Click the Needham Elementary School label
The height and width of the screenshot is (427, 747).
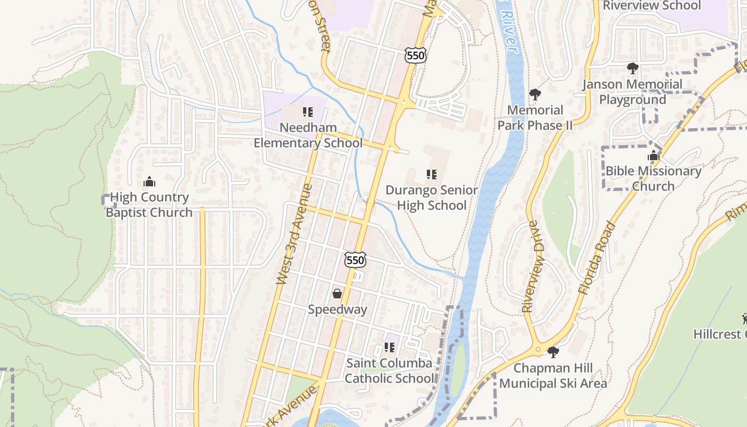pyautogui.click(x=308, y=136)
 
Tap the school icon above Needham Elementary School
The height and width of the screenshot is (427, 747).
pyautogui.click(x=308, y=112)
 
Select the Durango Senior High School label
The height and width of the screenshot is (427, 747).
pyautogui.click(x=432, y=198)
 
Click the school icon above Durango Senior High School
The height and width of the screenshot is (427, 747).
pyautogui.click(x=432, y=175)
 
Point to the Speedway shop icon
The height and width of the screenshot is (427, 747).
pyautogui.click(x=337, y=294)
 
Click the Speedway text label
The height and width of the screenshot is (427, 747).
pyautogui.click(x=337, y=310)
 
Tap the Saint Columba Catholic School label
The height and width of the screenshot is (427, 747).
pyautogui.click(x=389, y=371)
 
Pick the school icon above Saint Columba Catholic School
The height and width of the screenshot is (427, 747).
pyautogui.click(x=390, y=347)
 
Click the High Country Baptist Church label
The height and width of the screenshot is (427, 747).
pyautogui.click(x=149, y=205)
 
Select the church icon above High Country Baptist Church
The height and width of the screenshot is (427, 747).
pyautogui.click(x=149, y=181)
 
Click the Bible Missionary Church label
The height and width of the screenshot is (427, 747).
pyautogui.click(x=653, y=179)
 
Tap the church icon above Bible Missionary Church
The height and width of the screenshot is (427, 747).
pyautogui.click(x=654, y=156)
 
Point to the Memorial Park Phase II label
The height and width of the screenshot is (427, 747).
pyautogui.click(x=535, y=118)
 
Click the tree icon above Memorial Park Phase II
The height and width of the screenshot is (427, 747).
pyautogui.click(x=535, y=95)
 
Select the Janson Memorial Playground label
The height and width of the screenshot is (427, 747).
pyautogui.click(x=632, y=92)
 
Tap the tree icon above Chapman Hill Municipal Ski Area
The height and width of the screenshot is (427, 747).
pyautogui.click(x=553, y=352)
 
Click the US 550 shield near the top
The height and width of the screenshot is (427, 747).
pyautogui.click(x=415, y=55)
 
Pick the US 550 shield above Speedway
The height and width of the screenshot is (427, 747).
pyautogui.click(x=355, y=260)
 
